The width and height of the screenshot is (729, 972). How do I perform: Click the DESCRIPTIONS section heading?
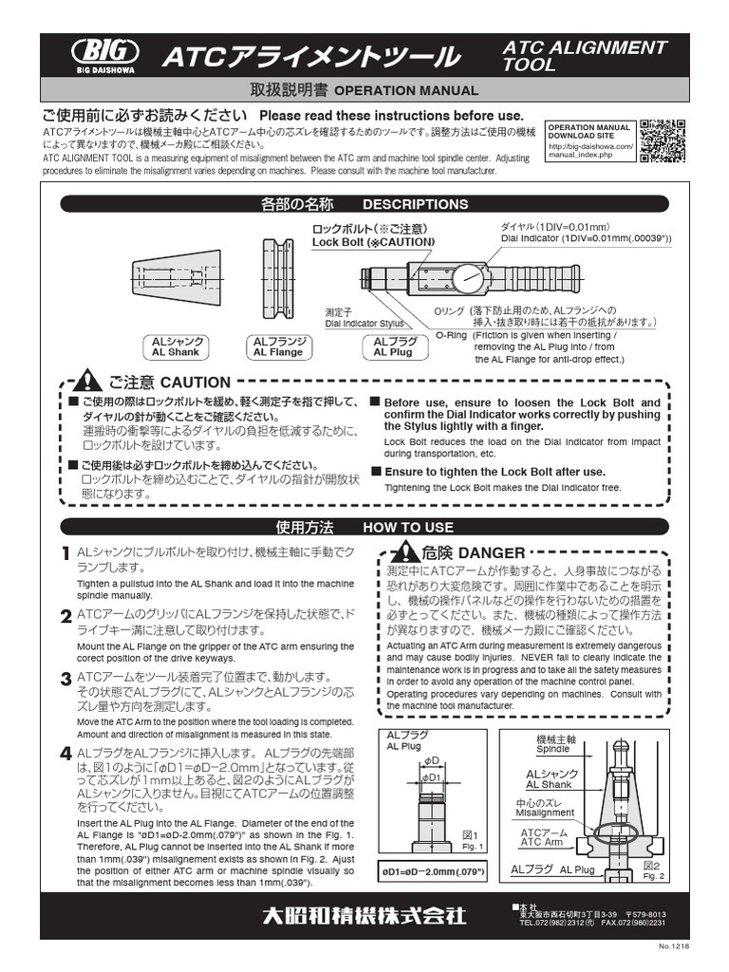415,204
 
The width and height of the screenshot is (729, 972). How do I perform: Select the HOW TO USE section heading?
408,527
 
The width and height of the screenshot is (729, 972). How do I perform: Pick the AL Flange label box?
278,346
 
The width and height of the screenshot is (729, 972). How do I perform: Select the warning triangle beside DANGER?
405,551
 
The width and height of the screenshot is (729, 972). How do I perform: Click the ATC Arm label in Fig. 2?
543,837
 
